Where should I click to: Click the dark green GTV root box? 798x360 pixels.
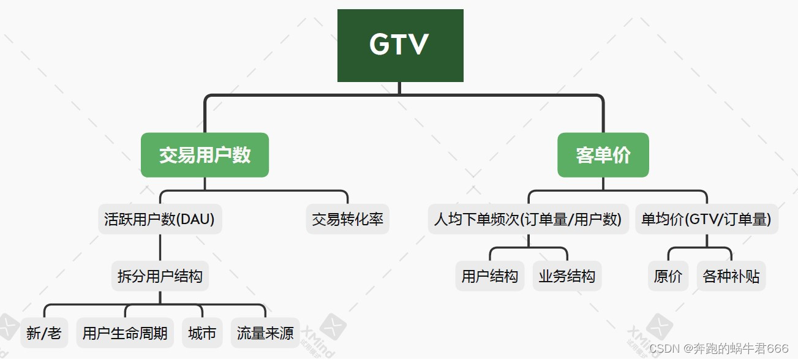click(400, 45)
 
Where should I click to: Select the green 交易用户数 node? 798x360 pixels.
click(205, 155)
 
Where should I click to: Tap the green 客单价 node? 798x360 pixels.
click(603, 155)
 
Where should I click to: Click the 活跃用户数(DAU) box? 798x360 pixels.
click(160, 219)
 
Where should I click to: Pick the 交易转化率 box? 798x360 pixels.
click(347, 219)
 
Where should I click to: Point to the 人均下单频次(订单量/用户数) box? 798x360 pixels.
click(528, 219)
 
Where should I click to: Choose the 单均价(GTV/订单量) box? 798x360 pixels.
click(706, 219)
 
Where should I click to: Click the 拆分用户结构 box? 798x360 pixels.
click(160, 276)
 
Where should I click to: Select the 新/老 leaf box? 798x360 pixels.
click(44, 333)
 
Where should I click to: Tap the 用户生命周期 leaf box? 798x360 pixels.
click(125, 333)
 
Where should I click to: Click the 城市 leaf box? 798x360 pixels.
click(202, 333)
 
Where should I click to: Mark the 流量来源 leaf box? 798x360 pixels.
click(265, 333)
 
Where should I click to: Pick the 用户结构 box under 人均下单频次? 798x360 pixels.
click(490, 276)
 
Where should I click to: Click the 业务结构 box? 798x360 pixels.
click(567, 276)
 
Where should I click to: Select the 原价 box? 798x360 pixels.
click(668, 276)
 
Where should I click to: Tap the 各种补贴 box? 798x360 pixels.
click(731, 276)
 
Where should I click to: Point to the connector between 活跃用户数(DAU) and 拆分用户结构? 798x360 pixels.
click(160, 248)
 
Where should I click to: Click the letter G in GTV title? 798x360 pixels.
click(380, 45)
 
